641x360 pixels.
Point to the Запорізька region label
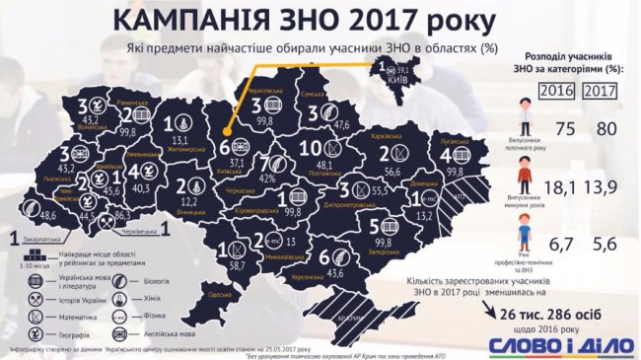(x=380, y=251)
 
